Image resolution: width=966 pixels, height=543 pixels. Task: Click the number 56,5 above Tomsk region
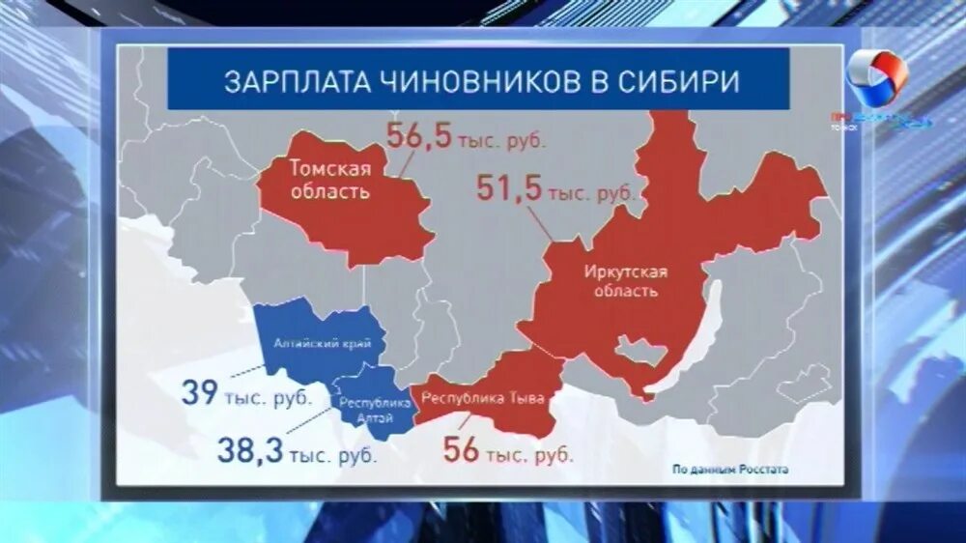(x=419, y=136)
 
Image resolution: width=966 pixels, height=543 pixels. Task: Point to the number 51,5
(x=508, y=188)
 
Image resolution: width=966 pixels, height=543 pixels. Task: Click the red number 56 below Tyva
(x=461, y=449)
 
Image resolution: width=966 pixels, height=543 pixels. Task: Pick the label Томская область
(x=328, y=179)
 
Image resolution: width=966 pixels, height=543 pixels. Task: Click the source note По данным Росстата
(x=730, y=471)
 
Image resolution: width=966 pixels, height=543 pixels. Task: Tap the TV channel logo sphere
(x=876, y=77)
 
